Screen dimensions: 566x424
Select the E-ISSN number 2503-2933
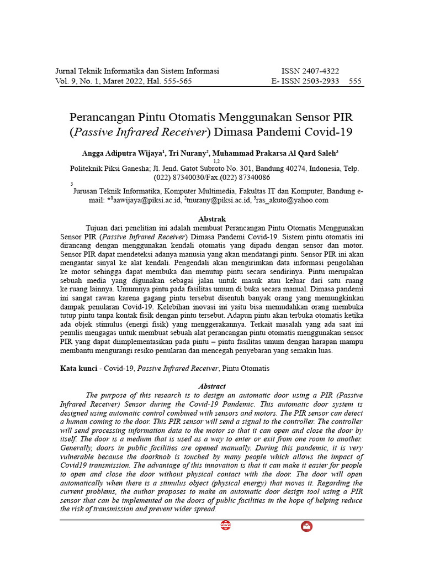(x=319, y=81)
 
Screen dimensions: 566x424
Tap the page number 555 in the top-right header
(x=356, y=81)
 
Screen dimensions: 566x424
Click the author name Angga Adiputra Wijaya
(x=121, y=153)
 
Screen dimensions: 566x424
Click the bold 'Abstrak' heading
(x=212, y=219)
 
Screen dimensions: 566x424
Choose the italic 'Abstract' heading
(x=212, y=386)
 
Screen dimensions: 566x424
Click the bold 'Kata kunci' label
(x=78, y=368)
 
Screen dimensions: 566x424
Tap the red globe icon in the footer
(x=225, y=526)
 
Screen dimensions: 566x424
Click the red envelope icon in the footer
(x=306, y=526)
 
